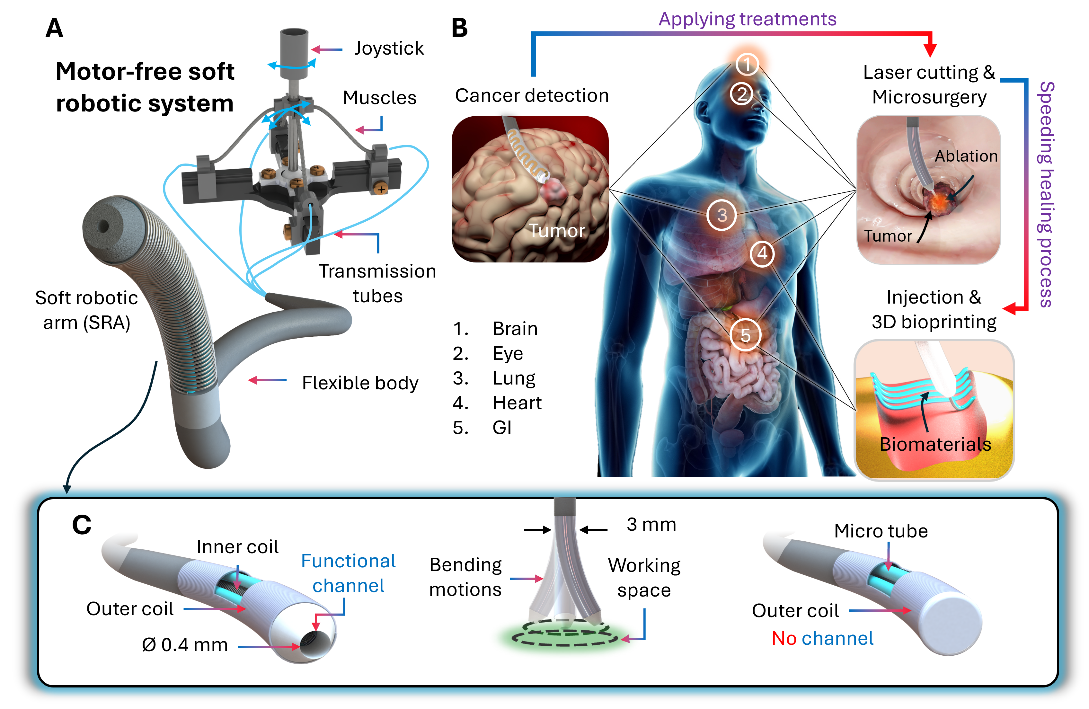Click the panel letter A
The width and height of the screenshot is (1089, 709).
tap(55, 28)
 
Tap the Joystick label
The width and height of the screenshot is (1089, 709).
tap(389, 49)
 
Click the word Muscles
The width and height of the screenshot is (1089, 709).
tap(380, 97)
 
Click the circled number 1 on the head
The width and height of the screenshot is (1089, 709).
tap(747, 64)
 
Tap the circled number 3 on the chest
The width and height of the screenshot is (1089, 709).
tap(722, 215)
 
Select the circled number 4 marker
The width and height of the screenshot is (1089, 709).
tap(762, 253)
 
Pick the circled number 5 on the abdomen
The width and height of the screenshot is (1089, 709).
tap(745, 335)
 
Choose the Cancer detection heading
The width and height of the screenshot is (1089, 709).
tap(532, 96)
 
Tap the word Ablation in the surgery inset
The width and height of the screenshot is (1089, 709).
tap(966, 156)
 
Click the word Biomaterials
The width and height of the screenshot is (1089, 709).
tap(935, 444)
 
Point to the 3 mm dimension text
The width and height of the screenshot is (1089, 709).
tap(651, 525)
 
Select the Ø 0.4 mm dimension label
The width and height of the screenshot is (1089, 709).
tap(185, 645)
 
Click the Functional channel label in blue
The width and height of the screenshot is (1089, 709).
tap(349, 573)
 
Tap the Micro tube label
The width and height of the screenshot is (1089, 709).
tap(881, 531)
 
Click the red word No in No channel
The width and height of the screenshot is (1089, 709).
tap(784, 639)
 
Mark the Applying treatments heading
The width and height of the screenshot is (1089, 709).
tap(747, 19)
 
